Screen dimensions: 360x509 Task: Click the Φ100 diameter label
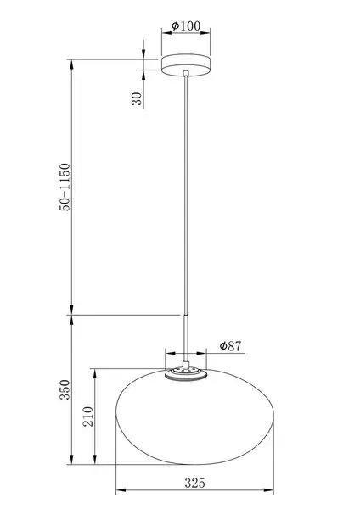pyautogui.click(x=186, y=25)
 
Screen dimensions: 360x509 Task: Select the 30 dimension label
pyautogui.click(x=137, y=98)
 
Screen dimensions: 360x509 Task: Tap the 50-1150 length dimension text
pyautogui.click(x=65, y=187)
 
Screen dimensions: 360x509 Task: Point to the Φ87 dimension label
pyautogui.click(x=230, y=346)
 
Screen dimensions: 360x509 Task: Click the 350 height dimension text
pyautogui.click(x=65, y=389)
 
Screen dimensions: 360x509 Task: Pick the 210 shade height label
pyautogui.click(x=88, y=417)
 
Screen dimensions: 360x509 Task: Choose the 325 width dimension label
pyautogui.click(x=195, y=483)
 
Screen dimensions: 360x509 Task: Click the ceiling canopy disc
pyautogui.click(x=186, y=65)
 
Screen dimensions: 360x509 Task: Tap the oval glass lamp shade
pyautogui.click(x=195, y=417)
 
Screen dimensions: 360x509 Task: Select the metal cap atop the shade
pyautogui.click(x=186, y=374)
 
